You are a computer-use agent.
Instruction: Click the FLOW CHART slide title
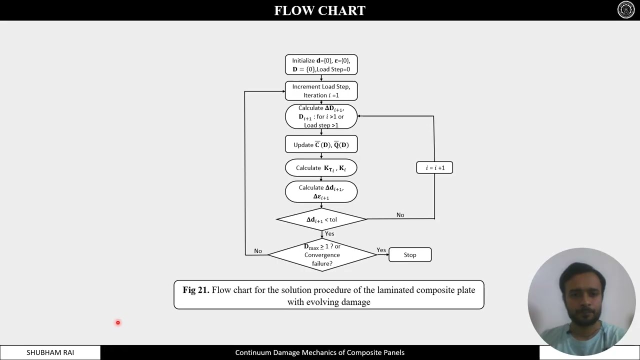pos(320,10)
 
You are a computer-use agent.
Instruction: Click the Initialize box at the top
pos(321,65)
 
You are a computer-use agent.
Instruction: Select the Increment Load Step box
pos(321,91)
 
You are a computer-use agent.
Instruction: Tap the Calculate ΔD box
pos(321,116)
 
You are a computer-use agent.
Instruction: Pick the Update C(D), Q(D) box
pos(321,144)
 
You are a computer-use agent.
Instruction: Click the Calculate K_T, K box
pos(321,168)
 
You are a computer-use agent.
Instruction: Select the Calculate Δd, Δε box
pos(321,192)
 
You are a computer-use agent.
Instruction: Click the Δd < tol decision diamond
pos(321,219)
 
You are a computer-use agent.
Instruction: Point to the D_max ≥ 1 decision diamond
pos(322,255)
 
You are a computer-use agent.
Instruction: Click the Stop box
pos(410,255)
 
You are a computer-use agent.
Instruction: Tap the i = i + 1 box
pos(434,168)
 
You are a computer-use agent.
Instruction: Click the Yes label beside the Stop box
pos(381,250)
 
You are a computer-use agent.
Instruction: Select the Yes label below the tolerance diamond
pos(329,233)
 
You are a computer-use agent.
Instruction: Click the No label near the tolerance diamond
pos(400,215)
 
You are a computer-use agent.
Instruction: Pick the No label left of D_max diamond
pos(258,251)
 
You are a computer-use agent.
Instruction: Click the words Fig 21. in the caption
pos(195,290)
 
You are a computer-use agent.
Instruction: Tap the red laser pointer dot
pos(118,322)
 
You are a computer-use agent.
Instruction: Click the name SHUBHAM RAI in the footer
pos(50,352)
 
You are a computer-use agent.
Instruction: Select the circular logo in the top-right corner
pos(626,10)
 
